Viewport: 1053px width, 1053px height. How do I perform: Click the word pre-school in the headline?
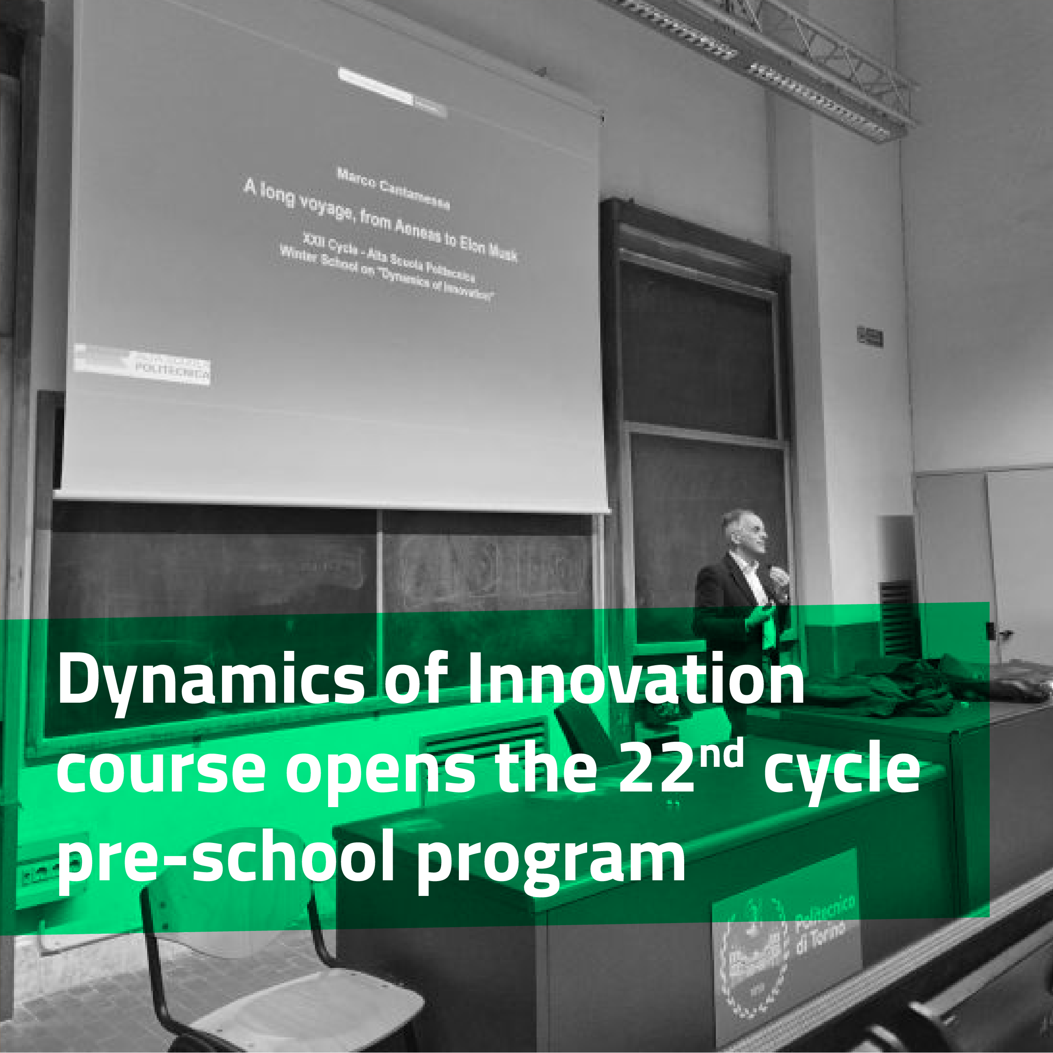(x=225, y=859)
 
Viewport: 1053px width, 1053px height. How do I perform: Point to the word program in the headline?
(x=551, y=861)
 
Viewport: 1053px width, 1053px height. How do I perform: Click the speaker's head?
(x=745, y=531)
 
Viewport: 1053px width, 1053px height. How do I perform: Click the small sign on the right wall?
(x=870, y=337)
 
